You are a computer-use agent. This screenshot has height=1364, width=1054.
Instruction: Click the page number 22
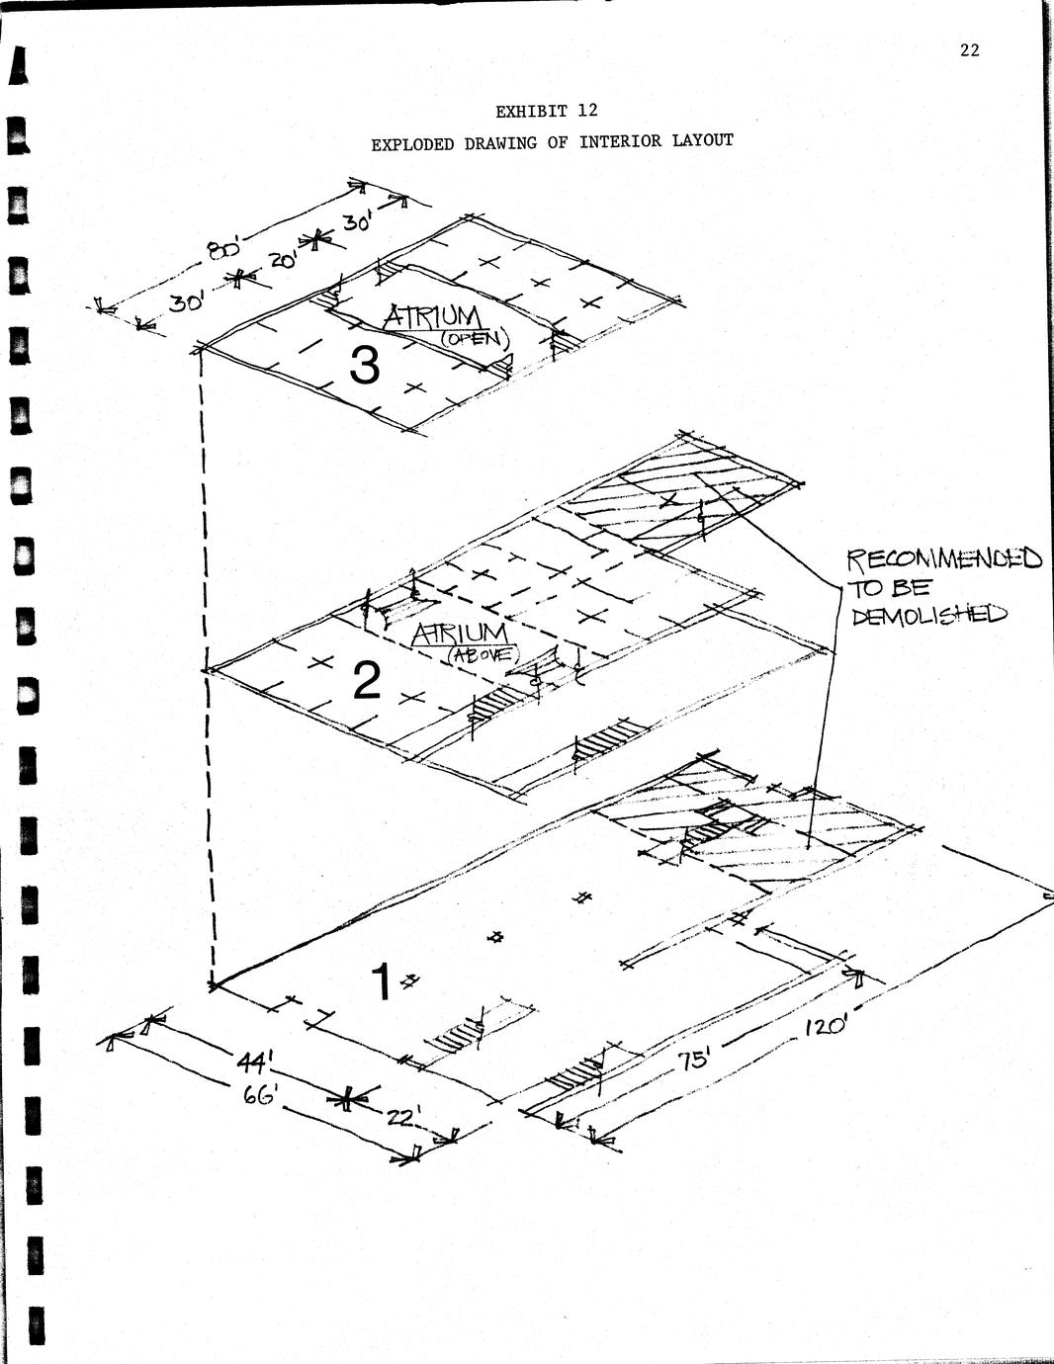click(x=969, y=50)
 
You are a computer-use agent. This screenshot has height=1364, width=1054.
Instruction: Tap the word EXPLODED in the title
click(x=411, y=144)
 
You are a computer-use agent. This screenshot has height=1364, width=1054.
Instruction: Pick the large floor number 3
click(x=365, y=367)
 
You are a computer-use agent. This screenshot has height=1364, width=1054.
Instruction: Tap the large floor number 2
click(x=367, y=681)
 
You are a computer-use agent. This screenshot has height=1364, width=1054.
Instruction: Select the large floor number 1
click(x=381, y=981)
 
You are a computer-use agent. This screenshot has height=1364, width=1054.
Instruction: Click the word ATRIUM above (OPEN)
click(x=432, y=317)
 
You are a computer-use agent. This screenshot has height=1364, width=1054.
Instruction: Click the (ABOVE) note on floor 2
click(x=483, y=654)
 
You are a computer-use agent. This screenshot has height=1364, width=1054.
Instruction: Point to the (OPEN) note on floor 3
click(x=474, y=339)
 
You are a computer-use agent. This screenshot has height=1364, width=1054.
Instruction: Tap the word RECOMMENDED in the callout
click(x=944, y=558)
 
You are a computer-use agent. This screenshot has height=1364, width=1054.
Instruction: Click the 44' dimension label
click(x=255, y=1062)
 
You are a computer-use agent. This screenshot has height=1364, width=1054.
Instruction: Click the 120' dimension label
click(x=827, y=1027)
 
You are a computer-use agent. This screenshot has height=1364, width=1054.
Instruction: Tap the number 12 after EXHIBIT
click(x=587, y=111)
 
